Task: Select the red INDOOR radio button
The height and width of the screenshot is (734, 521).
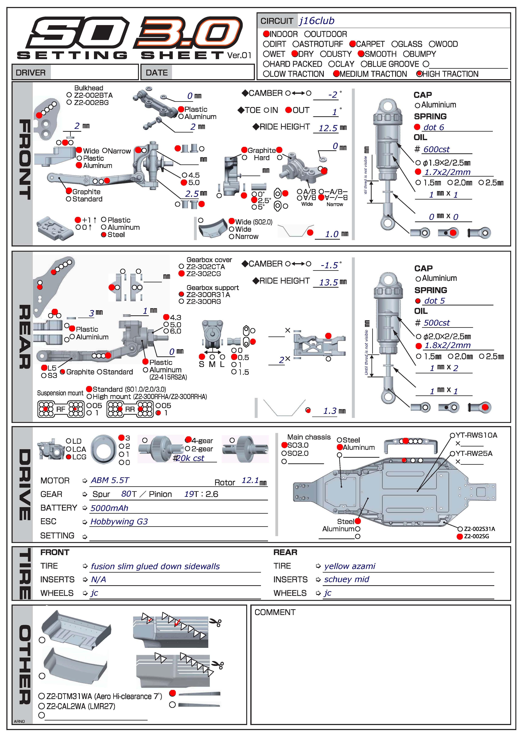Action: pyautogui.click(x=266, y=34)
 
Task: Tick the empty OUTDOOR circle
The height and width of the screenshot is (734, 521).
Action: pyautogui.click(x=307, y=34)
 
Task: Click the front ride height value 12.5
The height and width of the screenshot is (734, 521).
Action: pyautogui.click(x=328, y=128)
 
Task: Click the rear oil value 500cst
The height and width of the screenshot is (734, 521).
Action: pyautogui.click(x=437, y=323)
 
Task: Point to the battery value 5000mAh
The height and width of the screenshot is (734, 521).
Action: pyautogui.click(x=109, y=508)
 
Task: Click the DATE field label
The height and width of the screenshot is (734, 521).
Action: pyautogui.click(x=157, y=73)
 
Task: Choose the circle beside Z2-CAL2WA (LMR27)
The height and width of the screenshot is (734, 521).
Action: pyautogui.click(x=41, y=706)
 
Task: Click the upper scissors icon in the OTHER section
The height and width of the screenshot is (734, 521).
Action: pyautogui.click(x=215, y=622)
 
